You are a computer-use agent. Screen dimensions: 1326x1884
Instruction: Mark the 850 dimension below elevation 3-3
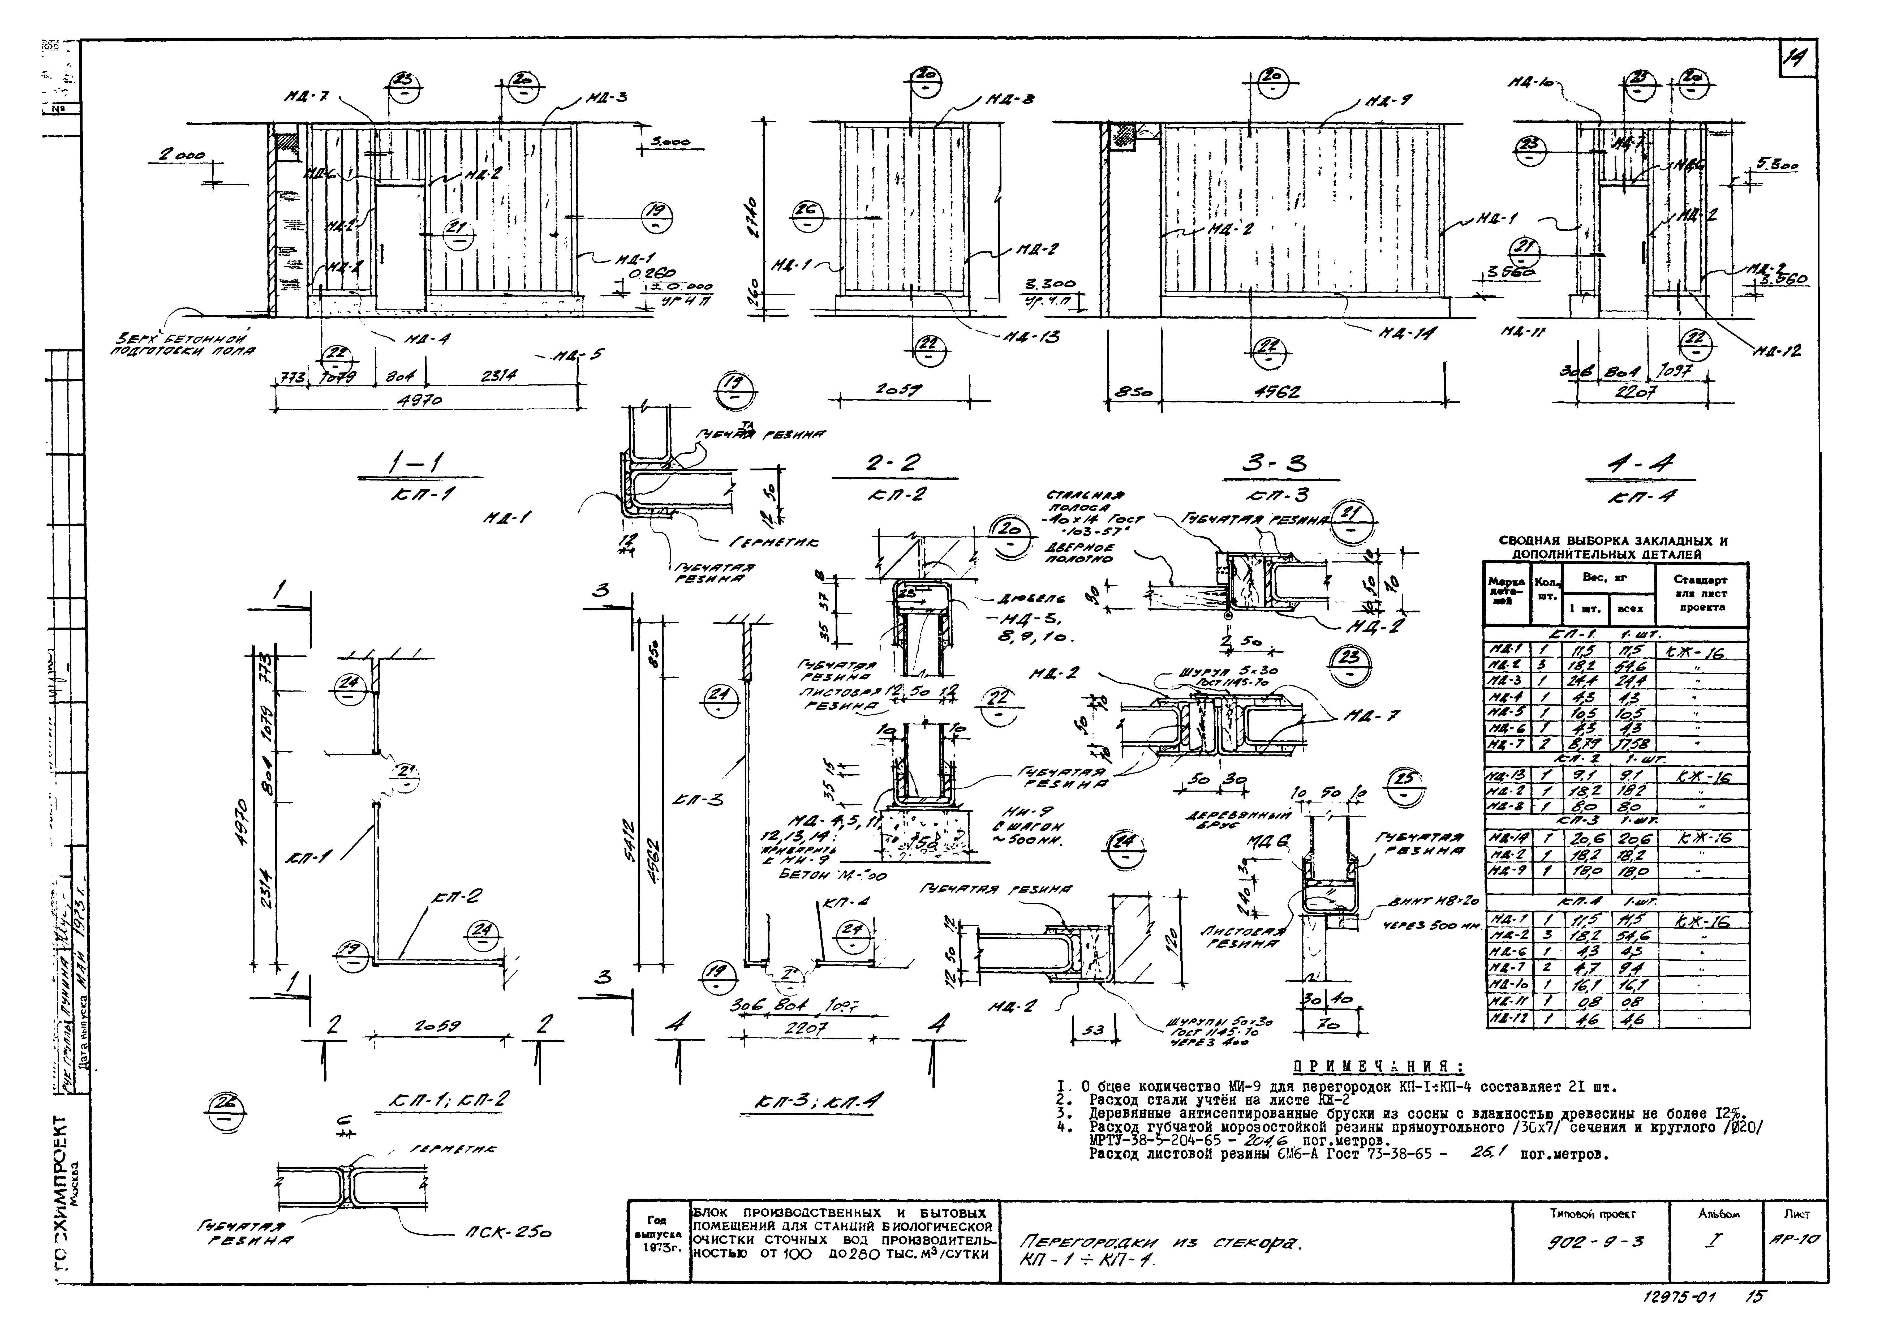click(1133, 393)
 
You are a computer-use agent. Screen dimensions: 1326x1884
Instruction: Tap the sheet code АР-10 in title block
click(1797, 1240)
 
